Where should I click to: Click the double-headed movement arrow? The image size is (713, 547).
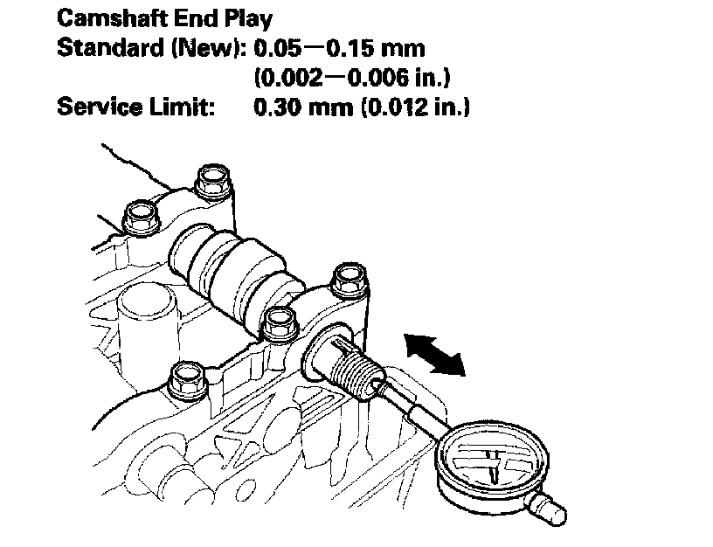point(434,354)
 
